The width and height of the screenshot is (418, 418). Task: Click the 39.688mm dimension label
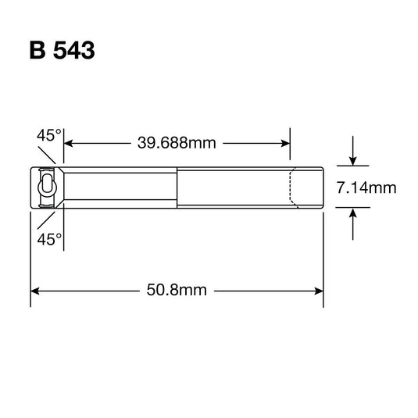(176, 143)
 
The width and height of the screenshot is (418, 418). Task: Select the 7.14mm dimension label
(367, 188)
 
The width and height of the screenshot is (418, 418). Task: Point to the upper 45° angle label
(48, 136)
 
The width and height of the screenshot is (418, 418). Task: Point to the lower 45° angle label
(48, 239)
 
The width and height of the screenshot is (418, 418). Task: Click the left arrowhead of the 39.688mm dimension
(68, 143)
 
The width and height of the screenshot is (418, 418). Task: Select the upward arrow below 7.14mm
(353, 214)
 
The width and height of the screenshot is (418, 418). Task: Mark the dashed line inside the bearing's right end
(292, 188)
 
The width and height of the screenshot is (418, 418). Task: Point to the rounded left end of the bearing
(32, 188)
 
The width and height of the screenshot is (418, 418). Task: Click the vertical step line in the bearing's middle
(179, 188)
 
